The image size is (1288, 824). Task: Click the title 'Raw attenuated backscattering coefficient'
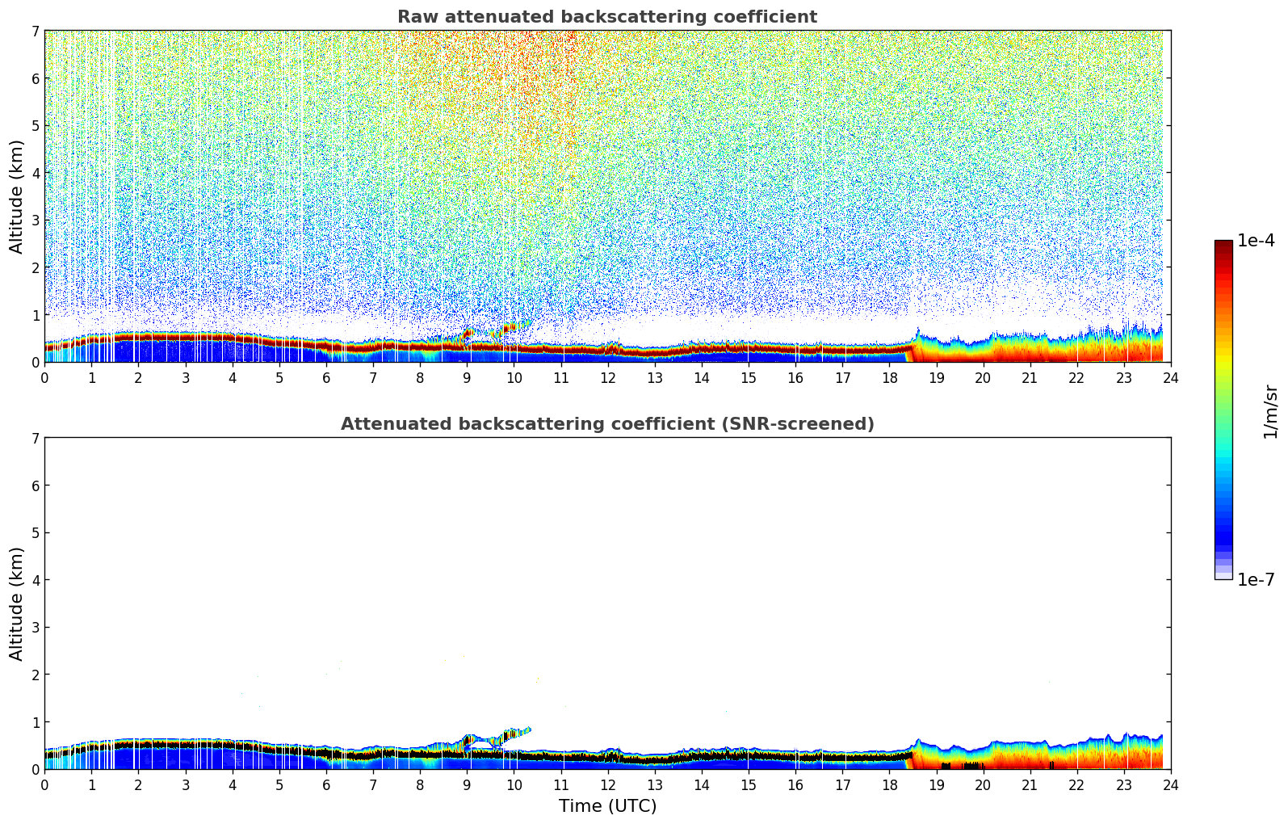point(606,17)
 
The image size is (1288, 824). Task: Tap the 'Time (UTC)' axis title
point(607,806)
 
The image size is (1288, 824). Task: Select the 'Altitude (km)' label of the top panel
point(17,196)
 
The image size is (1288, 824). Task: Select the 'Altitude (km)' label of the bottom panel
point(17,603)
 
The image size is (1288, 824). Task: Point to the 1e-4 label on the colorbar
point(1256,241)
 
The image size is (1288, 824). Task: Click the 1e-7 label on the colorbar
point(1256,580)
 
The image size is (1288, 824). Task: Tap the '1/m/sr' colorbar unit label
point(1270,411)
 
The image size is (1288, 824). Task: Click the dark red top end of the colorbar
point(1223,244)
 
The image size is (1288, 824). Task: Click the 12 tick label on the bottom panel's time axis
point(607,784)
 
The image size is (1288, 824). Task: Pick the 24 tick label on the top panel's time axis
point(1170,377)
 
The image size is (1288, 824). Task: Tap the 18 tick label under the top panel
point(889,377)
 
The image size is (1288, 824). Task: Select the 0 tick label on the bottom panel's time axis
point(44,784)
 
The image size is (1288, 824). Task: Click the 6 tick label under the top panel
point(326,377)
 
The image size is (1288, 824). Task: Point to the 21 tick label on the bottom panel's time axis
point(1030,784)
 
